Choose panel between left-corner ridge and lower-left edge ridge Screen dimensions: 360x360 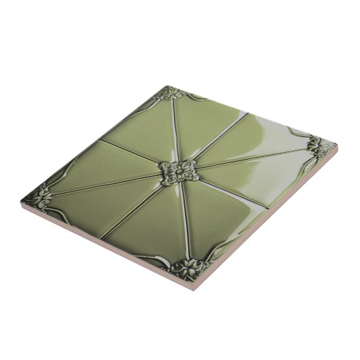coord(88,204)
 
